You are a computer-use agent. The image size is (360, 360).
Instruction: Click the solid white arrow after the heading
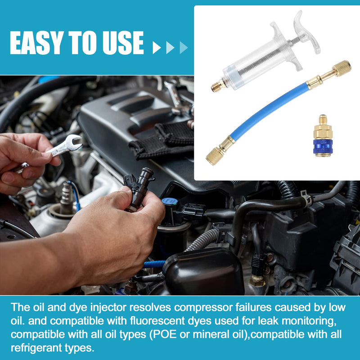(x=157, y=47)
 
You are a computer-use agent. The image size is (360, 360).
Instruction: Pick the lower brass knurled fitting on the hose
(x=215, y=155)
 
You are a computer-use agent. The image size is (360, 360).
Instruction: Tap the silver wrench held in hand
(x=63, y=147)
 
